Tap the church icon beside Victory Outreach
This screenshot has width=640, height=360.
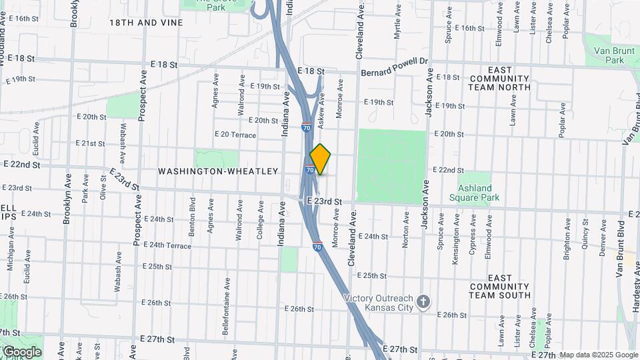pos(423,303)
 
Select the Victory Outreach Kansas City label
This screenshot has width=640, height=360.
pos(379,303)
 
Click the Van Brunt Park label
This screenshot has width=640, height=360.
pos(609,55)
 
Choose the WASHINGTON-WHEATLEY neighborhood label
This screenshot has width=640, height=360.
pos(217,171)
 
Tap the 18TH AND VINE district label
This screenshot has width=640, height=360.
pos(146,23)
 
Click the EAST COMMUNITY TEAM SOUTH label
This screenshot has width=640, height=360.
pos(499,286)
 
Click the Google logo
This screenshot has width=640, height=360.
pos(21,351)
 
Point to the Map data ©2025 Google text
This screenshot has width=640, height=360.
pos(599,355)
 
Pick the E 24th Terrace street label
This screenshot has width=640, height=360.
pos(166,245)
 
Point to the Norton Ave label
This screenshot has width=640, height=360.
pos(405,230)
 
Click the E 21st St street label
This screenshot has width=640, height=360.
pos(90,143)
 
